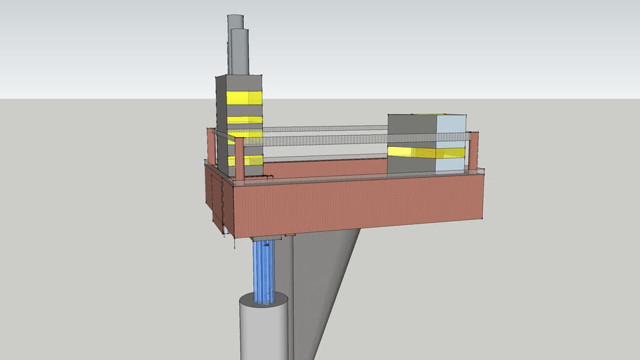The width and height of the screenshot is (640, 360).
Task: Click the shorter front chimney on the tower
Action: pyautogui.click(x=240, y=53)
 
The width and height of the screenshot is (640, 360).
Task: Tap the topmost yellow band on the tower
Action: pyautogui.click(x=244, y=98)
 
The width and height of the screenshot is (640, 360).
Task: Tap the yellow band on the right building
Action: pyautogui.click(x=425, y=153)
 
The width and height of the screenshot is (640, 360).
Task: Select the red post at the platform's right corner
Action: pyautogui.click(x=473, y=151)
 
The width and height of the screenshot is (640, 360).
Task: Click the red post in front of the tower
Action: pyautogui.click(x=240, y=159)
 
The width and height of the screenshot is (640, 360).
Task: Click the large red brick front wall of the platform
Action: pyautogui.click(x=359, y=204)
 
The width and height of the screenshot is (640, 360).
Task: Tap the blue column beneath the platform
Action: pyautogui.click(x=264, y=271)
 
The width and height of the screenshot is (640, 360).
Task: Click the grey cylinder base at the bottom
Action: pyautogui.click(x=263, y=330)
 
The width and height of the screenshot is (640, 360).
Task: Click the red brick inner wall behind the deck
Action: pyautogui.click(x=324, y=168)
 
